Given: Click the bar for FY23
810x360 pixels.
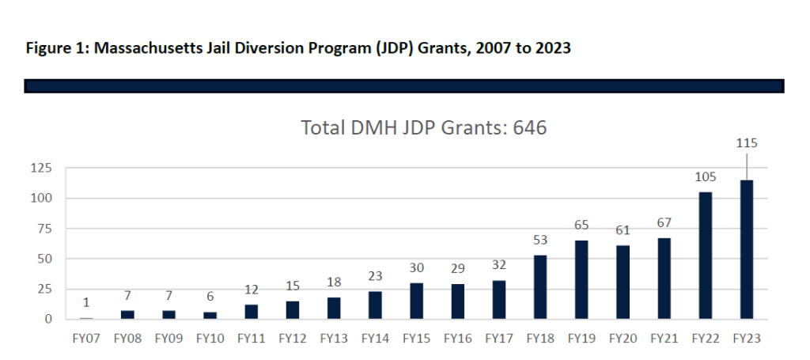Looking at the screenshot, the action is click(x=747, y=249).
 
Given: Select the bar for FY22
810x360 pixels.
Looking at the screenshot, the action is click(x=705, y=256).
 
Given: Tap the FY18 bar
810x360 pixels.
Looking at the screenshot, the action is click(x=540, y=286).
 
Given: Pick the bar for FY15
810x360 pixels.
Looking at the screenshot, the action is click(x=416, y=301).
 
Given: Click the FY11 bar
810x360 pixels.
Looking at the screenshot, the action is click(x=251, y=312).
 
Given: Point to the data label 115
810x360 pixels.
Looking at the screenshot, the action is click(x=747, y=143).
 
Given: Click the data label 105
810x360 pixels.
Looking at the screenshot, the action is click(x=705, y=177).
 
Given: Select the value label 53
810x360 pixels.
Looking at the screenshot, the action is click(x=540, y=241).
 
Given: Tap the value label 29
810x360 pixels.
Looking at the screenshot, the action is click(x=458, y=268).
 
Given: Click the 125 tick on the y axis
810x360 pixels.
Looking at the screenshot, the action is click(x=41, y=168).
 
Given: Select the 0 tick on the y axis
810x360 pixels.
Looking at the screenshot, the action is click(x=48, y=319).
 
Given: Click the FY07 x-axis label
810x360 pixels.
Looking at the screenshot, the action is click(x=86, y=339).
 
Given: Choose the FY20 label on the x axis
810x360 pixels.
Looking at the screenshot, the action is click(x=623, y=339).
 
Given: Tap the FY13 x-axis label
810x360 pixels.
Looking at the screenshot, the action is click(x=334, y=339).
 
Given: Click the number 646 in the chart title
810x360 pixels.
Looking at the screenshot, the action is click(x=529, y=127).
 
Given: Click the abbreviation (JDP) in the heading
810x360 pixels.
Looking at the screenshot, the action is click(x=396, y=49).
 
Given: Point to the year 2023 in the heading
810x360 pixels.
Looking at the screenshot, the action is click(x=553, y=48).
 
